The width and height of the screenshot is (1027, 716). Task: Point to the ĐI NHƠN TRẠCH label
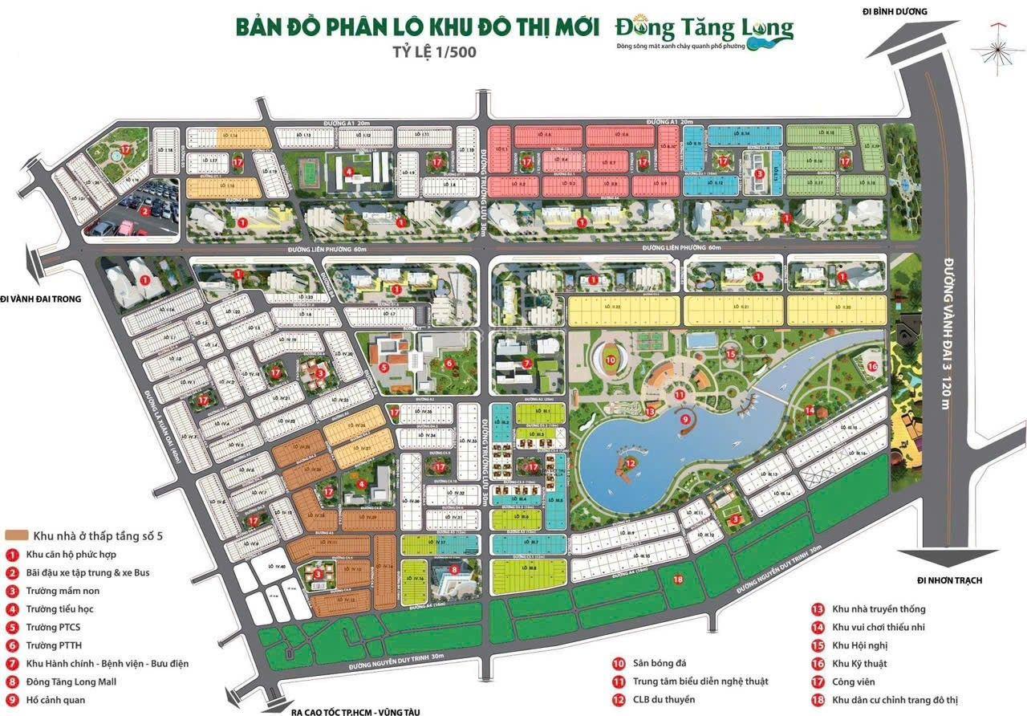click(x=949, y=580)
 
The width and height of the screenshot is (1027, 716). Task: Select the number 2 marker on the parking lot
click(x=145, y=212)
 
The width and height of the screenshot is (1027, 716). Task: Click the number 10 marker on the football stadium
click(x=611, y=360)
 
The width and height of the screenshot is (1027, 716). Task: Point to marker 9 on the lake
click(x=684, y=418)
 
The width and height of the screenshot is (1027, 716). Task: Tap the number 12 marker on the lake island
click(x=631, y=462)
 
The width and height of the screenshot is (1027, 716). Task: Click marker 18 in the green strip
click(x=679, y=579)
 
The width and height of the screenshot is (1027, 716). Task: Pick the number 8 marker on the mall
click(x=454, y=570)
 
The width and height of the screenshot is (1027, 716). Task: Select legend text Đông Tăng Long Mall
click(x=71, y=681)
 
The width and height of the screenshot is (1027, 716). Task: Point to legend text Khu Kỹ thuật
click(x=859, y=663)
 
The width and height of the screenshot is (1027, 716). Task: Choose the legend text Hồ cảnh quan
click(x=59, y=700)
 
